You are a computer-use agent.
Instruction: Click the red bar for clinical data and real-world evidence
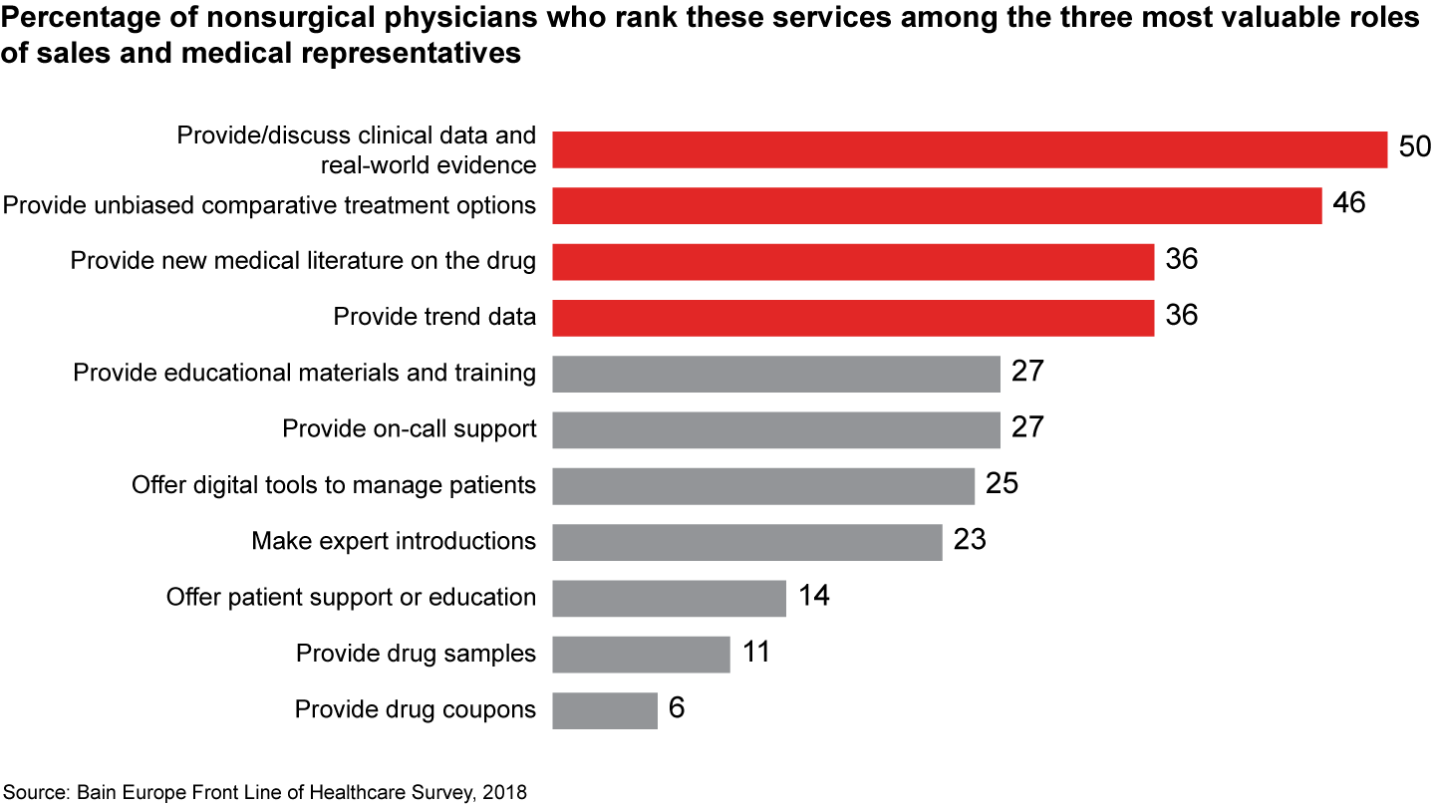[969, 149]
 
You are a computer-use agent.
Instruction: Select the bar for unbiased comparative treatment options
[937, 205]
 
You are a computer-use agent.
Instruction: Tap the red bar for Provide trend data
[853, 317]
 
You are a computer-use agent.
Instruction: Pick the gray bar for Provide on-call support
[775, 429]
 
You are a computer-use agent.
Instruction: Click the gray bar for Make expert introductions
[746, 541]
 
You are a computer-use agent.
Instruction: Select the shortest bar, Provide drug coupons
[604, 710]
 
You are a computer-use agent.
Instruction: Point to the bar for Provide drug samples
[641, 654]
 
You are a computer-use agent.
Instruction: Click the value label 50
[1413, 147]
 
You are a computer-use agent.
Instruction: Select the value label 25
[1003, 484]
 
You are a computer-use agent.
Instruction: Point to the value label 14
[813, 597]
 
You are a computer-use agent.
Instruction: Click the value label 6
[678, 708]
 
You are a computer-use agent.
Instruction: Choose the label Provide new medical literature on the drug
[303, 261]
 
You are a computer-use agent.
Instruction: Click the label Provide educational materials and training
[305, 373]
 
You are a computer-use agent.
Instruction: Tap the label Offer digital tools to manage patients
[334, 485]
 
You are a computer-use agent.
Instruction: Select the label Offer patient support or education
[351, 597]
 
